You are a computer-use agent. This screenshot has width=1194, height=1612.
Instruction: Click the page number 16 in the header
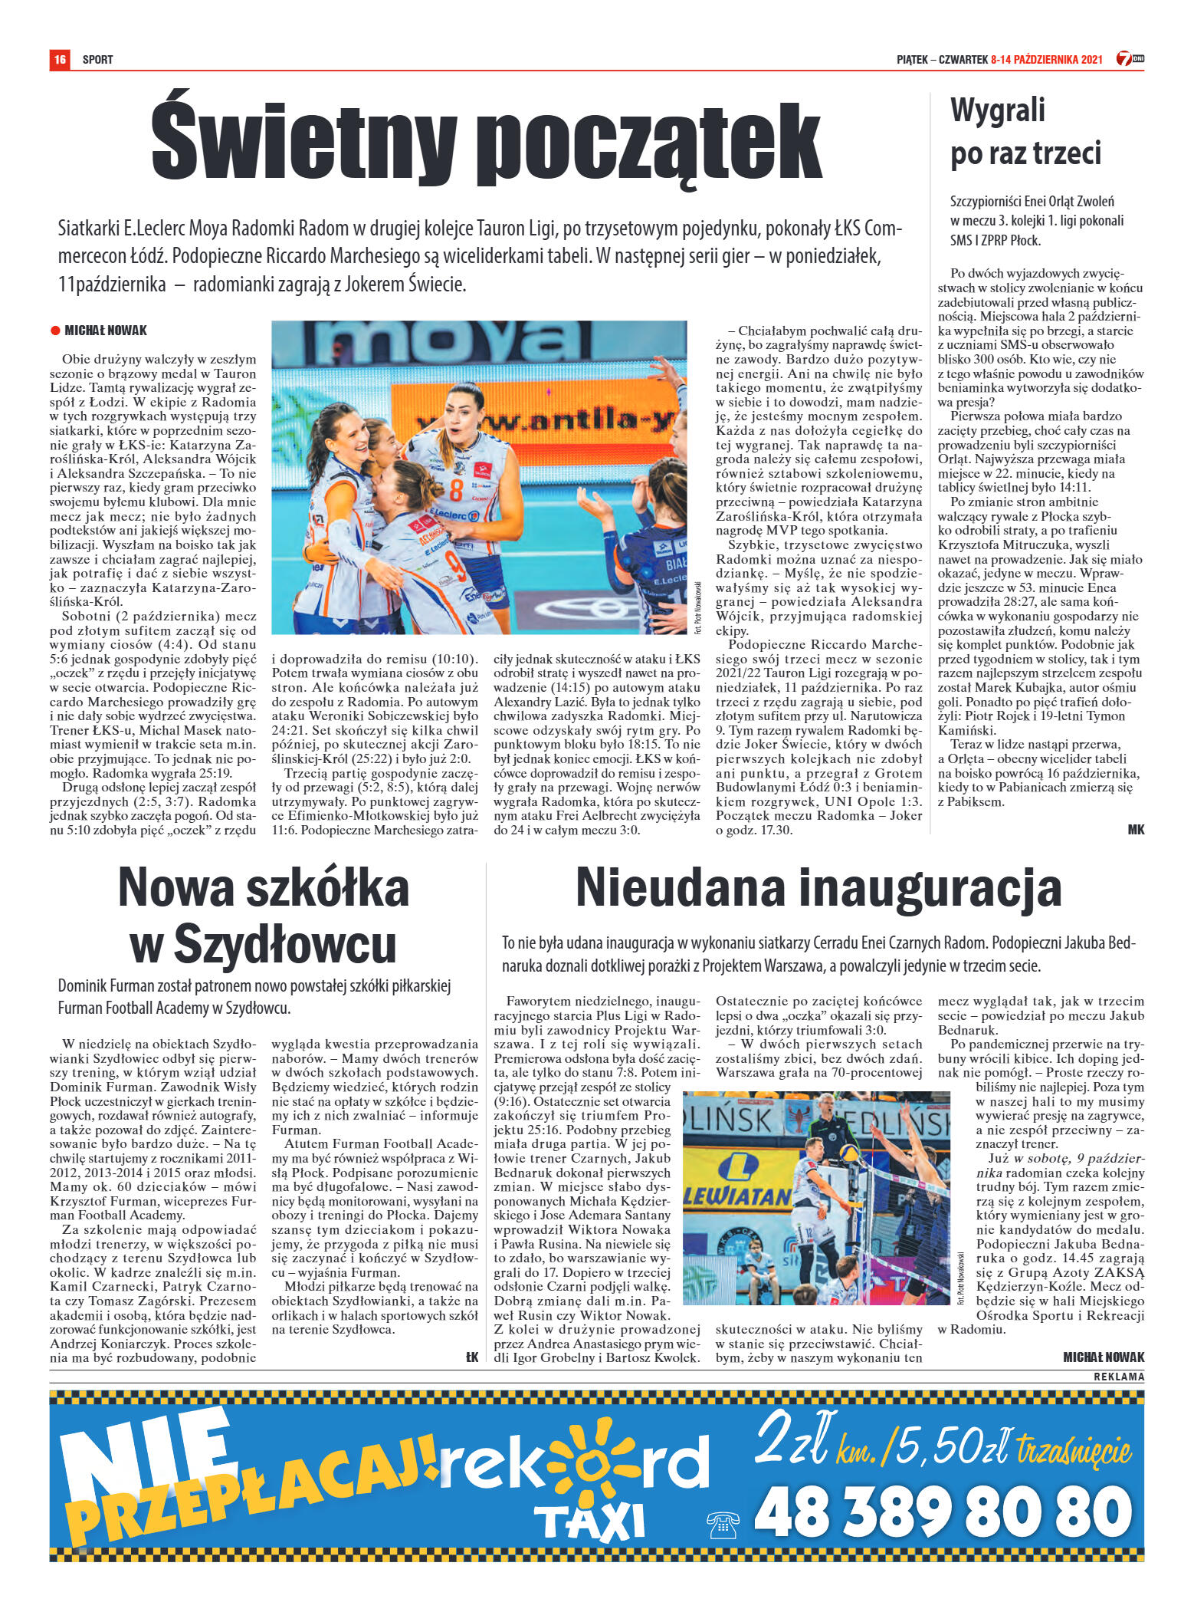point(60,59)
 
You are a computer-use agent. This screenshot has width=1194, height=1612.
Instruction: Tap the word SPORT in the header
point(97,59)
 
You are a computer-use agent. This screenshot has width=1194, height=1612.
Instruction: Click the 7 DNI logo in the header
point(1130,58)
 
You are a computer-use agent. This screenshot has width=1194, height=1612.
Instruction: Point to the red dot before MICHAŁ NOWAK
point(55,331)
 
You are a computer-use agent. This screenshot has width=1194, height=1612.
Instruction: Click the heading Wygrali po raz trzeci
point(1025,131)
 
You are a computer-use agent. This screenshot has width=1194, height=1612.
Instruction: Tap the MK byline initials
point(1135,829)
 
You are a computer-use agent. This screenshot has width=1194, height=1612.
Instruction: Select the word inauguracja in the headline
point(929,887)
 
